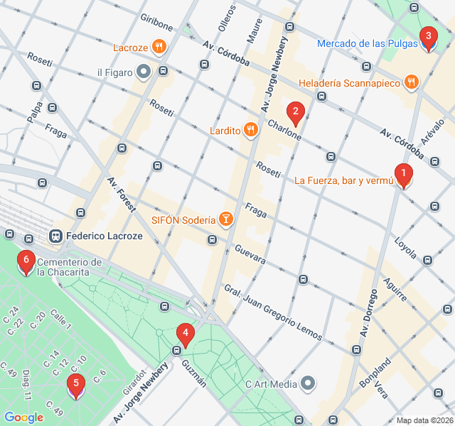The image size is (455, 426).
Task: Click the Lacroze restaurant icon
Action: pyautogui.click(x=159, y=48)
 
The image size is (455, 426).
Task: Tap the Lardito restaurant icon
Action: pyautogui.click(x=250, y=130)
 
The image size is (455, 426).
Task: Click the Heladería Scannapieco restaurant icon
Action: pyautogui.click(x=411, y=83)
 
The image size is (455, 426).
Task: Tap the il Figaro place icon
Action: pyautogui.click(x=144, y=71)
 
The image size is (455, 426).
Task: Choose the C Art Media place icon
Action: pyautogui.click(x=308, y=384)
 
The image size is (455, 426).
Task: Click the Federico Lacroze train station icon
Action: pyautogui.click(x=55, y=236)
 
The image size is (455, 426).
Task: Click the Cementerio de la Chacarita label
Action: pyautogui.click(x=70, y=267)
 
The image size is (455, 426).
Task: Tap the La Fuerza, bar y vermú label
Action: pyautogui.click(x=343, y=180)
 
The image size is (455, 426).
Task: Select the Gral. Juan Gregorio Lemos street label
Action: pyautogui.click(x=273, y=313)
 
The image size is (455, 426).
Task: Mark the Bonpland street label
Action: pyautogui.click(x=375, y=373)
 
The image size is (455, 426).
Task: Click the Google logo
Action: pyautogui.click(x=24, y=417)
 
